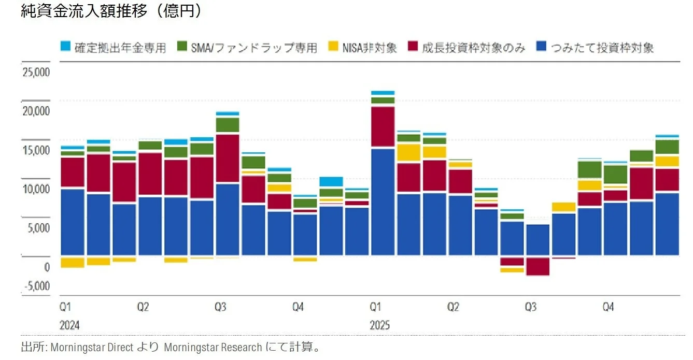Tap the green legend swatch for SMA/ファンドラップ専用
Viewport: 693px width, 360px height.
182,47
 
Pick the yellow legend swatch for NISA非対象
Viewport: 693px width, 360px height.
334,47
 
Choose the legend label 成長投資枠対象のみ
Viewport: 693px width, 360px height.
474,48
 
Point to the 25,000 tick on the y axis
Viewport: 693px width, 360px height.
36,72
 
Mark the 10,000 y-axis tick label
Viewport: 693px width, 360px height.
36,189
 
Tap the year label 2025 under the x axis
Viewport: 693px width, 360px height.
380,326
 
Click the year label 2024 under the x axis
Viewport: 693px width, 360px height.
70,326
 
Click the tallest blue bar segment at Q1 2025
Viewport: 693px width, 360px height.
383,202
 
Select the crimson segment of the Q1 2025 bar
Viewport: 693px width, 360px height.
383,126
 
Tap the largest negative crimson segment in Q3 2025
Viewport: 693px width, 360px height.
538,266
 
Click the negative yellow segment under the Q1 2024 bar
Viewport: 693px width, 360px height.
72,262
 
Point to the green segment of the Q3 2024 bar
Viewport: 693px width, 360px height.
228,125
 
